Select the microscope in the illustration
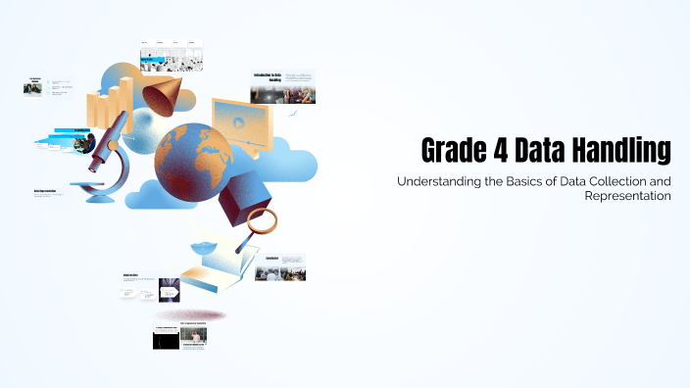(x=107, y=157)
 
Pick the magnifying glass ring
(x=262, y=220)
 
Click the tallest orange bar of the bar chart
(x=124, y=104)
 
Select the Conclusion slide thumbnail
(x=279, y=267)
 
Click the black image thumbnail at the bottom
(x=165, y=339)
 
